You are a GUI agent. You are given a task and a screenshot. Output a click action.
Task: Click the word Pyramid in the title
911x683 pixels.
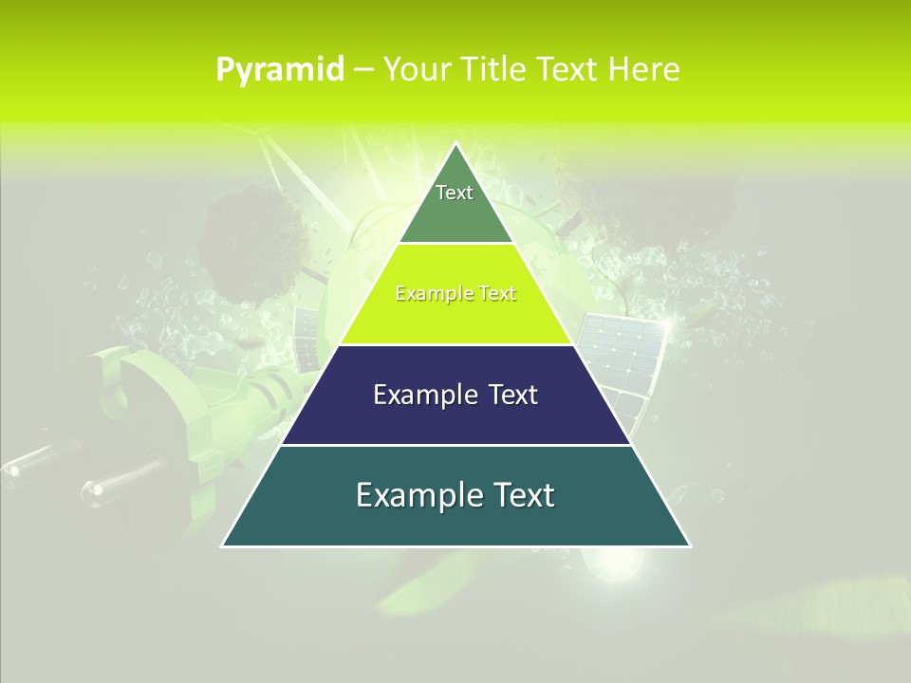[x=279, y=70]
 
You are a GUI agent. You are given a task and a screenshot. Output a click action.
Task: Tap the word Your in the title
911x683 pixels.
[x=416, y=70]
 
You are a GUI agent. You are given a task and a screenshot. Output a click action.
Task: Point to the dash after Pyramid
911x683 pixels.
[x=363, y=70]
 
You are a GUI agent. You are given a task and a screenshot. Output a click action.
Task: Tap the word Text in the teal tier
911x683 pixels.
[x=521, y=495]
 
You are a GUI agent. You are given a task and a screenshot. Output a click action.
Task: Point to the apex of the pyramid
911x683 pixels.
[x=455, y=144]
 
